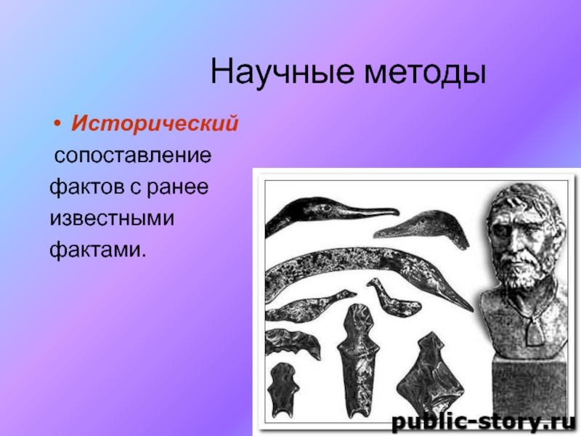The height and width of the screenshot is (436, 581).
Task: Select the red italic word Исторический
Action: [154, 124]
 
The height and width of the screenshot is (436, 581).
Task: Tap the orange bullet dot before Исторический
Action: [57, 125]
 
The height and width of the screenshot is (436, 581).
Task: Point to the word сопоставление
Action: [134, 156]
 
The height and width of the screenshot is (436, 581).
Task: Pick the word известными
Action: [112, 218]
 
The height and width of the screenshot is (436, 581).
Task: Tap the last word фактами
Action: [97, 249]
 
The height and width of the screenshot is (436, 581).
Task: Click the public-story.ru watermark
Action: [482, 421]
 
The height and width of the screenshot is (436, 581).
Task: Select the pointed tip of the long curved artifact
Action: [466, 305]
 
